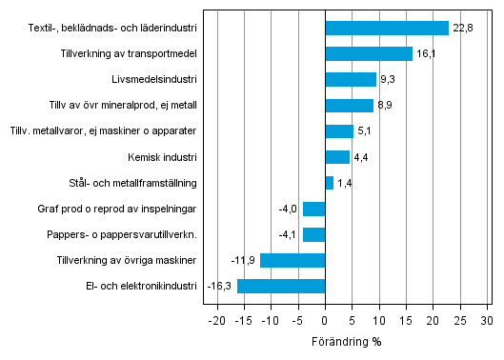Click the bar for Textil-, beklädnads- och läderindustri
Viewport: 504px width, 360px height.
coord(387,28)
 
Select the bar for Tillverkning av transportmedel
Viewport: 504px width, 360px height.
coord(369,53)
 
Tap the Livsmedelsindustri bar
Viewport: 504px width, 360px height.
coord(351,79)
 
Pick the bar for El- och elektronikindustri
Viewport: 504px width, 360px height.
coord(281,286)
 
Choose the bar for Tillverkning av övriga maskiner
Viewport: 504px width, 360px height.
coord(292,260)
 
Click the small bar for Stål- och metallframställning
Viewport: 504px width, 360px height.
coord(330,183)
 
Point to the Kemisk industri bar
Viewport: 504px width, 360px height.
coord(337,157)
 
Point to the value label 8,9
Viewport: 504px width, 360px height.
coord(386,106)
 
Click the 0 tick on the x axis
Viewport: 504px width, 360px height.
coord(325,319)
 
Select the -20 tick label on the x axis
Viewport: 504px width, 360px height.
coord(216,319)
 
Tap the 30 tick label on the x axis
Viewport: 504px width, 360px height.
coord(488,319)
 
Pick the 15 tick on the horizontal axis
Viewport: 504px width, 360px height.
coord(407,319)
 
